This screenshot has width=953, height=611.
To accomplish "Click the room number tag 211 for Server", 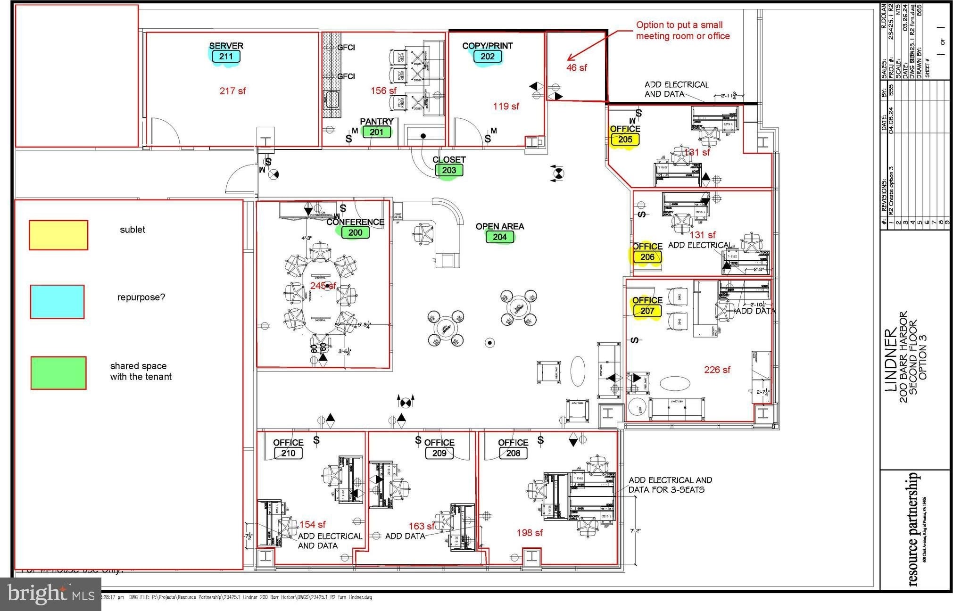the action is point(226,57).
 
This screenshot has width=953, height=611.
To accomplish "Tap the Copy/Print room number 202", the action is point(488,57).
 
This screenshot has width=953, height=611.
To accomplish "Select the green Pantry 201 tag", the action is point(376,132).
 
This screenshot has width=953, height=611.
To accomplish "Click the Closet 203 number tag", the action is point(449,170).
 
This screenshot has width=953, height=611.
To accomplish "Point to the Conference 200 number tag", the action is point(355,232).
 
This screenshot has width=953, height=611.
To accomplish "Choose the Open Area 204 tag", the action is point(500,237).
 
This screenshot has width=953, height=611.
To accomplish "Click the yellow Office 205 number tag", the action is point(625,140).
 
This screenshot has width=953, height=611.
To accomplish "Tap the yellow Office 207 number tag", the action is point(647,311).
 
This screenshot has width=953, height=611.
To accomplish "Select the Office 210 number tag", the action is point(288,454).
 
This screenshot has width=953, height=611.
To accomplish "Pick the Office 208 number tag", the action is point(513,454).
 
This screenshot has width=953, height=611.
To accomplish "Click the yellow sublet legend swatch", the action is point(58,235).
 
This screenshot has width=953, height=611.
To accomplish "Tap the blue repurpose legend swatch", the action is point(57,302).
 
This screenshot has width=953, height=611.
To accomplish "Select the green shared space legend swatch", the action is point(58,373).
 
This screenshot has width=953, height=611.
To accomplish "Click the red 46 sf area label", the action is point(576,68).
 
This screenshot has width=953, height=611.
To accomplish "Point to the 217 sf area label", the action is point(232,91).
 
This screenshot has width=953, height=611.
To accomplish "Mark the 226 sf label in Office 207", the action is point(717,370).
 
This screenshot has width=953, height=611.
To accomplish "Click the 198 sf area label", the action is point(530,533).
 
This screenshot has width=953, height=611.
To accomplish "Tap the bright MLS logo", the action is point(50,594).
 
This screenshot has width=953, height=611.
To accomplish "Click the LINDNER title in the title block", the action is point(891,360).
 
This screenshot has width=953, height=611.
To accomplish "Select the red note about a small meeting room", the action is point(682,31).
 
